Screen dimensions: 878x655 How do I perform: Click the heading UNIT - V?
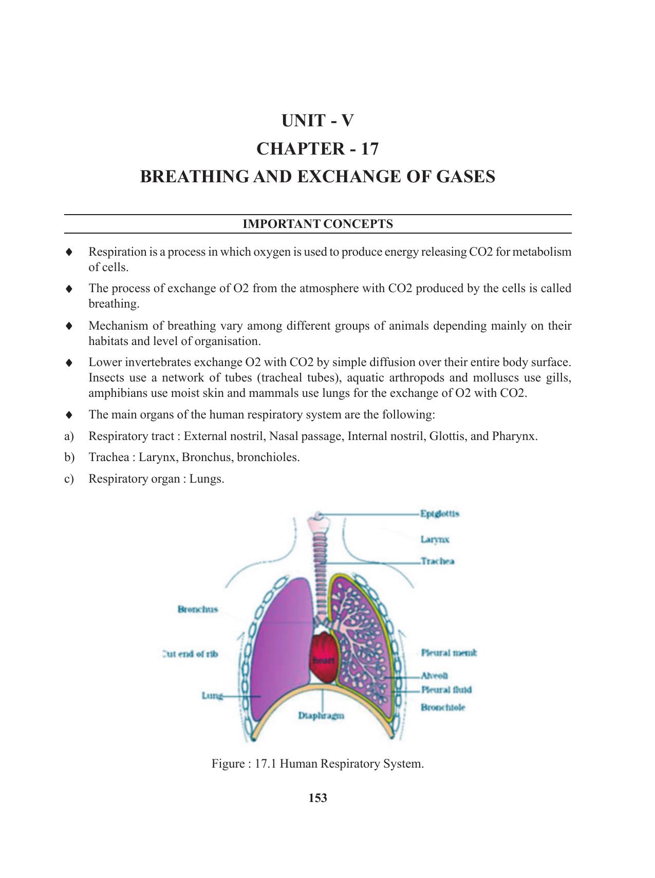317,121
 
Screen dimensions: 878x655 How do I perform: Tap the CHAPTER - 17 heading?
317,149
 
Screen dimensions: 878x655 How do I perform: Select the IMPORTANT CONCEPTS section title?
317,224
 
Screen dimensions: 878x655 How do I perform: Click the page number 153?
317,798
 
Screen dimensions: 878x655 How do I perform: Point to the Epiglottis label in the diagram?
439,513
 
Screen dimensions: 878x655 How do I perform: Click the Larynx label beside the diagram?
435,539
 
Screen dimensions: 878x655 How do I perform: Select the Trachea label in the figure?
437,561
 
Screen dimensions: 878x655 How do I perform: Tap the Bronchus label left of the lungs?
198,609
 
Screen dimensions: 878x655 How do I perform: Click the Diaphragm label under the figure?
321,715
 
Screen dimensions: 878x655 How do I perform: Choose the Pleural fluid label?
446,690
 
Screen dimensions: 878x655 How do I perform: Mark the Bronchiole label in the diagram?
443,708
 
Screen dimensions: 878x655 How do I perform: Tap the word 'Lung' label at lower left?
212,696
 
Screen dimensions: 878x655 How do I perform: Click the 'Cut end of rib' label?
190,654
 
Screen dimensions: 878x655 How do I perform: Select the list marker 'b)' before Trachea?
69,457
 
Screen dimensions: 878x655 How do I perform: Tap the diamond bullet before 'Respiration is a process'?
69,252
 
